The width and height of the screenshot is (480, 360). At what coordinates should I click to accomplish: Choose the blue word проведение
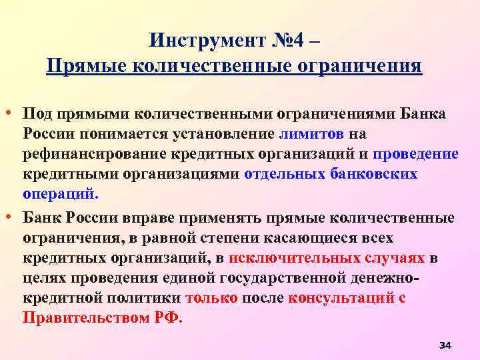415,155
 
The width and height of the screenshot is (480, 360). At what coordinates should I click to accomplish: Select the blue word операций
59,195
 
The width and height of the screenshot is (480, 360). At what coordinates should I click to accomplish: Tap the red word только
211,298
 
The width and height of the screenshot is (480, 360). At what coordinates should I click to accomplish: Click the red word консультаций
341,298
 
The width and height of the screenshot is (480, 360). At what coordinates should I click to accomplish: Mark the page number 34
446,345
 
